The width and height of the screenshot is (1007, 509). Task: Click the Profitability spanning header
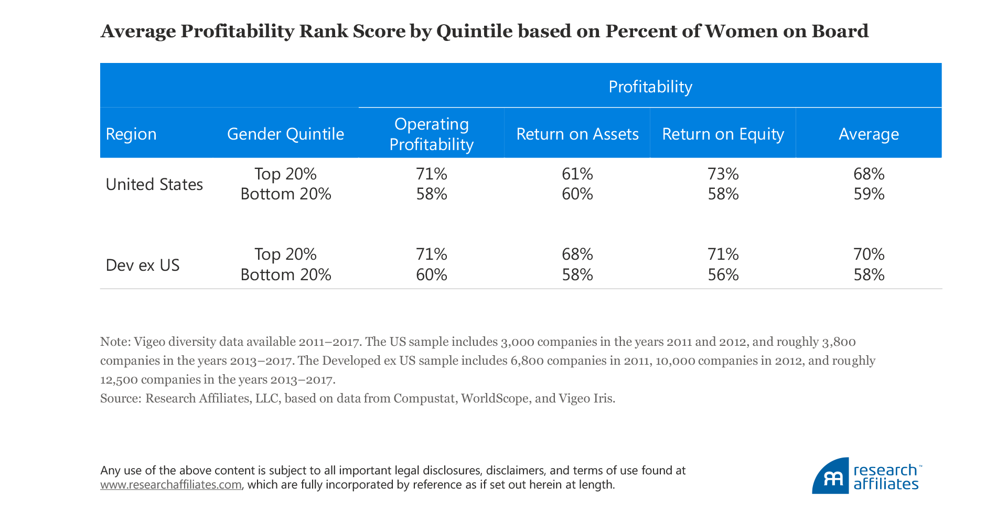pos(650,87)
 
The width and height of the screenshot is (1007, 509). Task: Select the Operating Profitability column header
pos(431,134)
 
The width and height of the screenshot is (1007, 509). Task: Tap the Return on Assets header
pos(577,134)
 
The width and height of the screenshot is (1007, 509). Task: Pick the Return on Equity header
pos(723,134)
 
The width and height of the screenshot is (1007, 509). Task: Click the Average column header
pos(869,134)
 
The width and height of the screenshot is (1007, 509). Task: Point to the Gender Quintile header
pos(285,134)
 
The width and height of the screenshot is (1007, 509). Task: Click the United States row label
pos(154,184)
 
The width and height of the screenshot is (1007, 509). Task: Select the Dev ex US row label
pos(143,265)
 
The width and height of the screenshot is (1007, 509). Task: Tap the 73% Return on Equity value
pos(723,174)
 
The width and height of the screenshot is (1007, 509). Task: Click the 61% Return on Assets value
pos(577,174)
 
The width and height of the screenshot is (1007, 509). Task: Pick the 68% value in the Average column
pos(869,174)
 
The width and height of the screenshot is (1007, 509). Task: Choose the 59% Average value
pos(869,194)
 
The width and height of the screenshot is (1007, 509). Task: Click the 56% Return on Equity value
pos(723,274)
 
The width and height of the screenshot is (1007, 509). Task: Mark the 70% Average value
pos(869,254)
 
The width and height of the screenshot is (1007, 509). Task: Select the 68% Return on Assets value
pos(577,254)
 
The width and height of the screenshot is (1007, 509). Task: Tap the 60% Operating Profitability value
pos(431,274)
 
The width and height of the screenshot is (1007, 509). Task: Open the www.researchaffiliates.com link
pos(171,485)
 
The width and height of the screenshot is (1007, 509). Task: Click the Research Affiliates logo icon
pos(831,476)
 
